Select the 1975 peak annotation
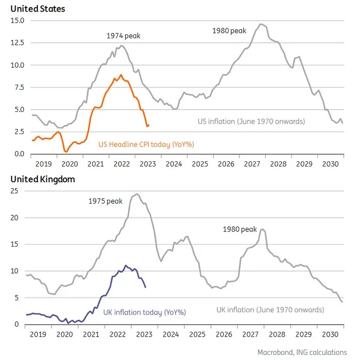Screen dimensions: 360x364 106,201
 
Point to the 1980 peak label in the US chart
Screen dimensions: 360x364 229,31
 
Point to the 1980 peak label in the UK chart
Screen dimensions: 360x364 240,229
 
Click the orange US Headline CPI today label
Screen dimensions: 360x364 146,145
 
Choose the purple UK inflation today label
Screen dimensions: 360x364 144,313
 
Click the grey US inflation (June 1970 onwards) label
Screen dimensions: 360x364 251,122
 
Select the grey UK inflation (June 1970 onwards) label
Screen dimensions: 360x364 270,310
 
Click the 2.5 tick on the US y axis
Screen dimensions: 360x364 19,132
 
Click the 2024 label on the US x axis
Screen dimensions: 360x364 174,164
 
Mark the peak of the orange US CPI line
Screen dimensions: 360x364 121,75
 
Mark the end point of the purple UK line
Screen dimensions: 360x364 145,287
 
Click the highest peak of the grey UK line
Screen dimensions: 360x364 136,194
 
